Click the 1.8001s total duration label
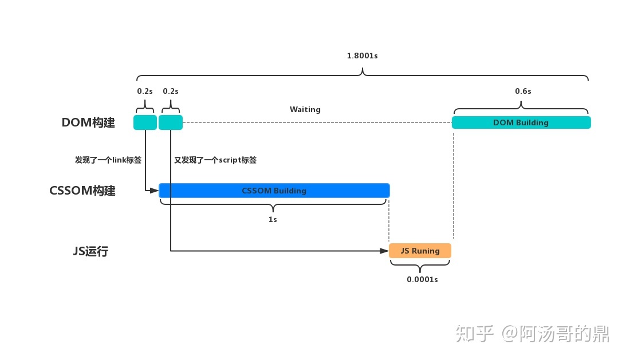tap(362, 56)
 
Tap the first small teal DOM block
tap(145, 122)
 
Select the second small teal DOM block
tap(171, 122)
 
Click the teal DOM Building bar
tap(521, 122)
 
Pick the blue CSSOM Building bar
tap(274, 191)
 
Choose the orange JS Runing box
tap(420, 251)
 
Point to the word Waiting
tap(305, 109)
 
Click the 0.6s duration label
tap(522, 91)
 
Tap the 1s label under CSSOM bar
tap(273, 220)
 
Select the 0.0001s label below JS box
tap(422, 279)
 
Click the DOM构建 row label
tap(88, 122)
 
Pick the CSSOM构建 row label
tap(82, 191)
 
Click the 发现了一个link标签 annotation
tap(108, 160)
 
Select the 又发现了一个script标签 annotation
tap(215, 160)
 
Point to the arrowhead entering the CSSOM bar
tap(154, 190)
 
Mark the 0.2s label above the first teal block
tap(145, 91)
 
